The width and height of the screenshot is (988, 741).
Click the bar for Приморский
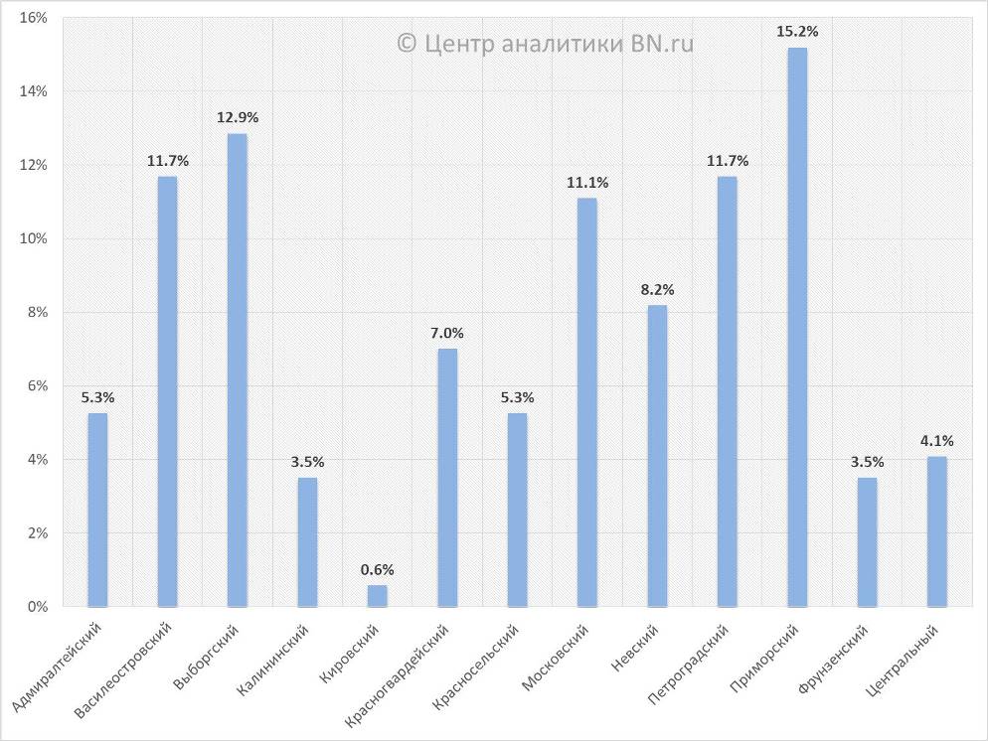[797, 327]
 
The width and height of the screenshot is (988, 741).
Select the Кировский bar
[378, 595]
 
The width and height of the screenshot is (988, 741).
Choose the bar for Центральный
[937, 530]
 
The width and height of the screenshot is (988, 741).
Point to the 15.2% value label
[798, 32]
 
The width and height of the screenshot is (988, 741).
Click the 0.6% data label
[378, 569]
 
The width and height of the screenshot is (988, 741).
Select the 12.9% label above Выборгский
[238, 117]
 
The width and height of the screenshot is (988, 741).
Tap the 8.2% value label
[657, 290]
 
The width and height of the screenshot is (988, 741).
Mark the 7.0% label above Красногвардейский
[447, 333]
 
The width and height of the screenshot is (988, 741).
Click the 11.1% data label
[587, 183]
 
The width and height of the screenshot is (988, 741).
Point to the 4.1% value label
[937, 441]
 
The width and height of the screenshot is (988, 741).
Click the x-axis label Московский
[558, 662]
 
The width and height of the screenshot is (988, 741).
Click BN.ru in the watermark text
[661, 44]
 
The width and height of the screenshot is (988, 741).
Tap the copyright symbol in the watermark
[406, 44]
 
